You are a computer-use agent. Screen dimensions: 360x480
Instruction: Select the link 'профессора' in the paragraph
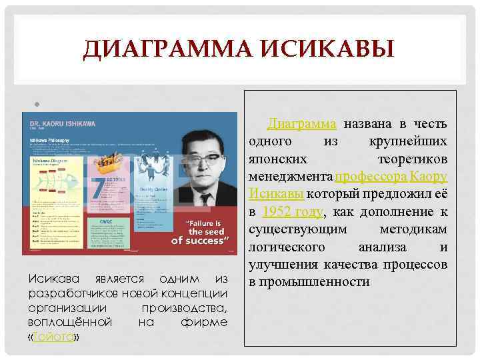click(x=371, y=177)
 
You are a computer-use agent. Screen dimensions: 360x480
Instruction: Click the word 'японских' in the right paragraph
click(x=278, y=159)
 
